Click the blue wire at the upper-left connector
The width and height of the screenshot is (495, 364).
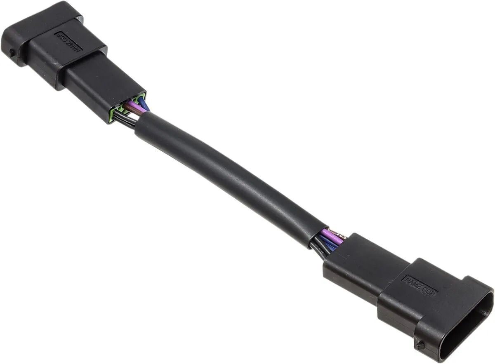pos(144,103)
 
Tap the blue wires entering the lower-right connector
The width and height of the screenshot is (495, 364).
pos(330,244)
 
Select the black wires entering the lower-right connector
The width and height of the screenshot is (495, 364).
pos(320,249)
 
